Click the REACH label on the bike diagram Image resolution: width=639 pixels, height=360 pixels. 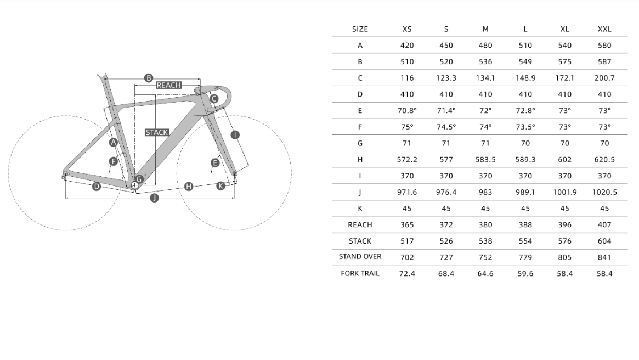click(x=168, y=85)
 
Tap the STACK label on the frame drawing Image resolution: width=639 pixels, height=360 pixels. click(x=156, y=132)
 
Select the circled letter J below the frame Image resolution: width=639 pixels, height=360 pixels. click(x=154, y=198)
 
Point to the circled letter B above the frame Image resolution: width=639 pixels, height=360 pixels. click(x=148, y=78)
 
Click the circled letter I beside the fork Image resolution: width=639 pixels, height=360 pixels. click(x=235, y=134)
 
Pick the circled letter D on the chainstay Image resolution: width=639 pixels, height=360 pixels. click(x=97, y=187)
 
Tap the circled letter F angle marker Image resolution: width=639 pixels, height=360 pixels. click(x=114, y=161)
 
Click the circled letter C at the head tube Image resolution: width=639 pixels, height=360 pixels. click(x=214, y=99)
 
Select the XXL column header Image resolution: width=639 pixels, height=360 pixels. click(x=604, y=29)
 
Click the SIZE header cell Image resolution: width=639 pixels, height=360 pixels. click(x=360, y=29)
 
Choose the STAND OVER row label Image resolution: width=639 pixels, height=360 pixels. click(x=360, y=256)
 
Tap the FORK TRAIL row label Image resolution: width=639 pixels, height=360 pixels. click(x=360, y=273)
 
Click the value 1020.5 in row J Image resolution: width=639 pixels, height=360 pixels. click(x=604, y=192)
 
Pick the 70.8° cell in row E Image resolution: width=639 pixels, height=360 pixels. click(x=407, y=110)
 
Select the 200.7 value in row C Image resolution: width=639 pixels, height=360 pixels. click(x=604, y=78)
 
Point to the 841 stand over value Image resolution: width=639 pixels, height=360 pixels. click(x=604, y=257)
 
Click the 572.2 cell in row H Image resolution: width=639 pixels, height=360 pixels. click(x=407, y=160)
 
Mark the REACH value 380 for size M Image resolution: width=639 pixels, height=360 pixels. click(x=485, y=224)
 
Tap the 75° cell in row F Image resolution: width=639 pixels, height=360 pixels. click(x=407, y=127)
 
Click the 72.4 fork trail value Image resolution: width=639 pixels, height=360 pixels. click(x=407, y=273)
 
